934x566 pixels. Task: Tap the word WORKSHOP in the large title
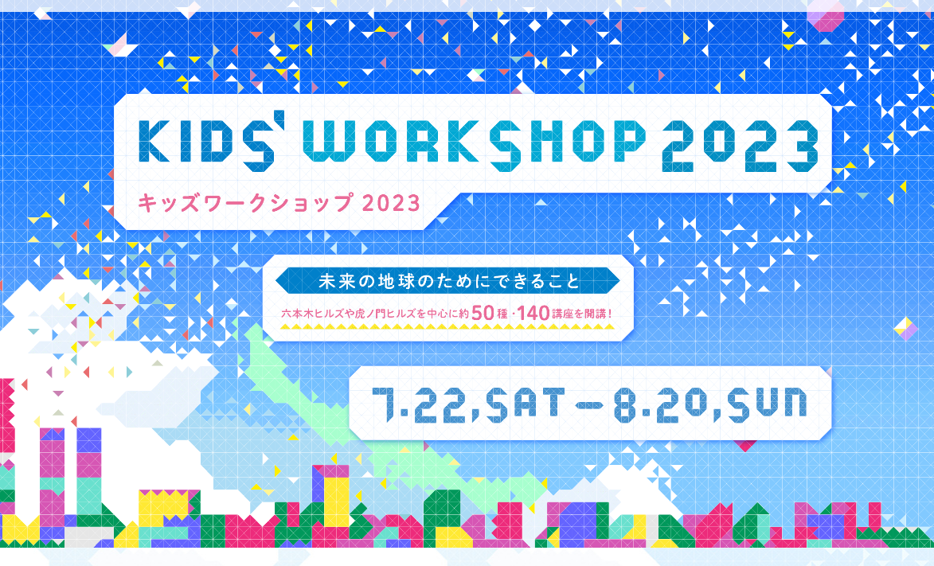(474, 142)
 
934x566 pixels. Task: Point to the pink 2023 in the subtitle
(391, 204)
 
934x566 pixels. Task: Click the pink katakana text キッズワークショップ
(244, 204)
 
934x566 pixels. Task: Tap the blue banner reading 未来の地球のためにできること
(448, 281)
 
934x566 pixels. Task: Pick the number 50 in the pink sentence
(482, 313)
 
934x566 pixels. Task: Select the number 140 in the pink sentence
(533, 313)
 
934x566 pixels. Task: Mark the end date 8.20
(658, 404)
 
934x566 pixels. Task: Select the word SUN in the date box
(768, 404)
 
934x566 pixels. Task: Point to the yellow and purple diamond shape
(905, 329)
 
